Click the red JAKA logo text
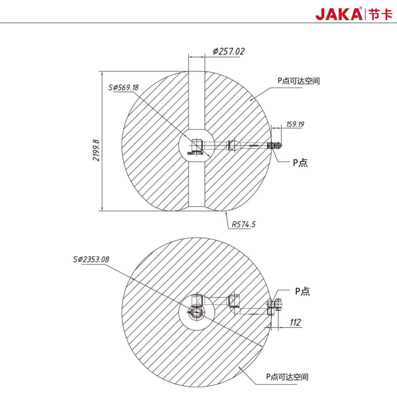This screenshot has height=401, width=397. [x=339, y=14]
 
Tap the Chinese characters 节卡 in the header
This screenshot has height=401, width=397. [x=380, y=14]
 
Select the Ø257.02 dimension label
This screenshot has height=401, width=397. [x=229, y=51]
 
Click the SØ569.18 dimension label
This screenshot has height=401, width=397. [x=123, y=87]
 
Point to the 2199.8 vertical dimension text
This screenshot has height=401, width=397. [x=96, y=150]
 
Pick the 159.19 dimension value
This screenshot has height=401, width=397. [x=295, y=124]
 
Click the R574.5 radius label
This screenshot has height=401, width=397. [x=244, y=224]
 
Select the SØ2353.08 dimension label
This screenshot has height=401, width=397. [x=91, y=259]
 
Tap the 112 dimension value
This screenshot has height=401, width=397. [x=295, y=322]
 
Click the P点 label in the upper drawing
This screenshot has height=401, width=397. [x=300, y=163]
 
